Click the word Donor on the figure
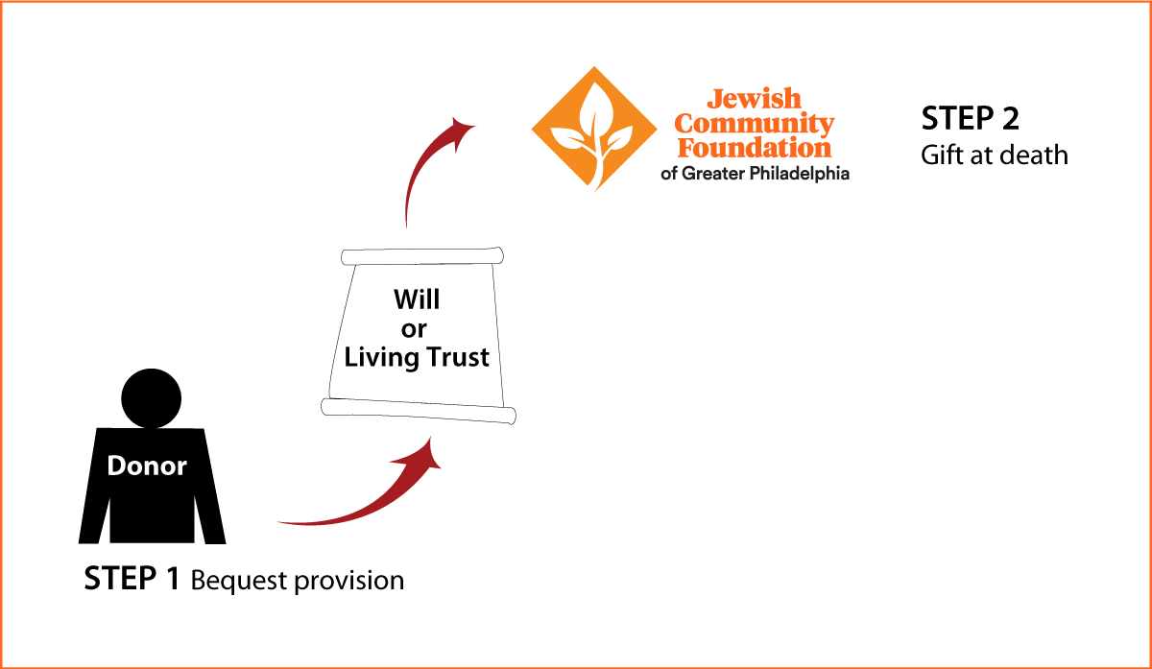click(147, 466)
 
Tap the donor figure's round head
click(152, 398)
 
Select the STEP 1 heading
click(132, 579)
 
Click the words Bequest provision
click(298, 581)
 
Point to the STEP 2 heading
click(970, 118)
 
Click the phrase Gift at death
click(995, 155)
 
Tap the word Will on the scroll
click(417, 299)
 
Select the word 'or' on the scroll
click(414, 329)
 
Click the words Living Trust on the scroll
click(417, 357)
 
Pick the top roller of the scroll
click(422, 256)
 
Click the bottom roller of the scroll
click(419, 411)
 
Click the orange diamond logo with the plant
click(594, 129)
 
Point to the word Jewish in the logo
click(754, 99)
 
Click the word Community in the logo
click(754, 124)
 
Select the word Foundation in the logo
click(755, 148)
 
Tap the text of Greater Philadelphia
click(755, 174)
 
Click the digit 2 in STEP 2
click(1011, 118)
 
